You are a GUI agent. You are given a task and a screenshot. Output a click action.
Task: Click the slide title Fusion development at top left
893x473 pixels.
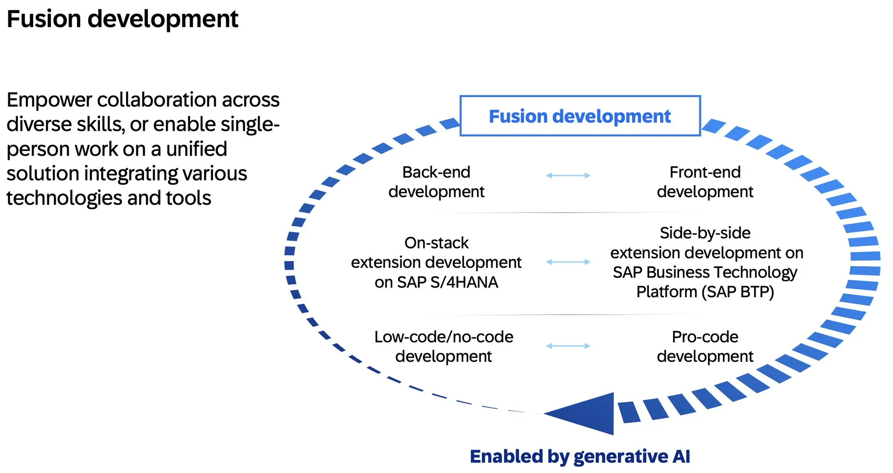tap(122, 19)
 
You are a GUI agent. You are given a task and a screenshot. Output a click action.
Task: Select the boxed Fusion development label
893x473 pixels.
tap(580, 116)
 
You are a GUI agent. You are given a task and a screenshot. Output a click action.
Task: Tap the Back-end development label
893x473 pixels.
tap(436, 182)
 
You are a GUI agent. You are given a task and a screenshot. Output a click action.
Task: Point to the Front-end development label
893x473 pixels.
tap(705, 182)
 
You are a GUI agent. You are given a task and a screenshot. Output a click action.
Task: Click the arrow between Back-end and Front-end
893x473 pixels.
tap(568, 175)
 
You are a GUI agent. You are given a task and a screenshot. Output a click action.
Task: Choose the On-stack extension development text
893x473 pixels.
tap(436, 262)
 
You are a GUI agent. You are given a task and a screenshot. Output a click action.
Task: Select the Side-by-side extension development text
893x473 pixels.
tap(706, 262)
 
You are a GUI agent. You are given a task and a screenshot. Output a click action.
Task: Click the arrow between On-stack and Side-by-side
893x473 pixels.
tap(568, 262)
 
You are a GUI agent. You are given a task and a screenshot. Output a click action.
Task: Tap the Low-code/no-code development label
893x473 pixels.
tap(444, 346)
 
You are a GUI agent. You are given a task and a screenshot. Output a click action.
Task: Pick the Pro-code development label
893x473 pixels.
tap(705, 346)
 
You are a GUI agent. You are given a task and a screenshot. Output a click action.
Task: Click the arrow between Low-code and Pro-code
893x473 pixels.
tap(568, 346)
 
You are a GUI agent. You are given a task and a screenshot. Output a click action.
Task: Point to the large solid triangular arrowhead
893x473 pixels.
tap(589, 414)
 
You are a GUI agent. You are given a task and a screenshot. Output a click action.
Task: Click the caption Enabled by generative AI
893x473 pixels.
tap(580, 456)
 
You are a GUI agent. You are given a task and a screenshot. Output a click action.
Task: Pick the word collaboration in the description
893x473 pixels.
tap(157, 100)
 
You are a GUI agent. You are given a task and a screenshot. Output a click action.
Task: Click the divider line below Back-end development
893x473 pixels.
tap(563, 213)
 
